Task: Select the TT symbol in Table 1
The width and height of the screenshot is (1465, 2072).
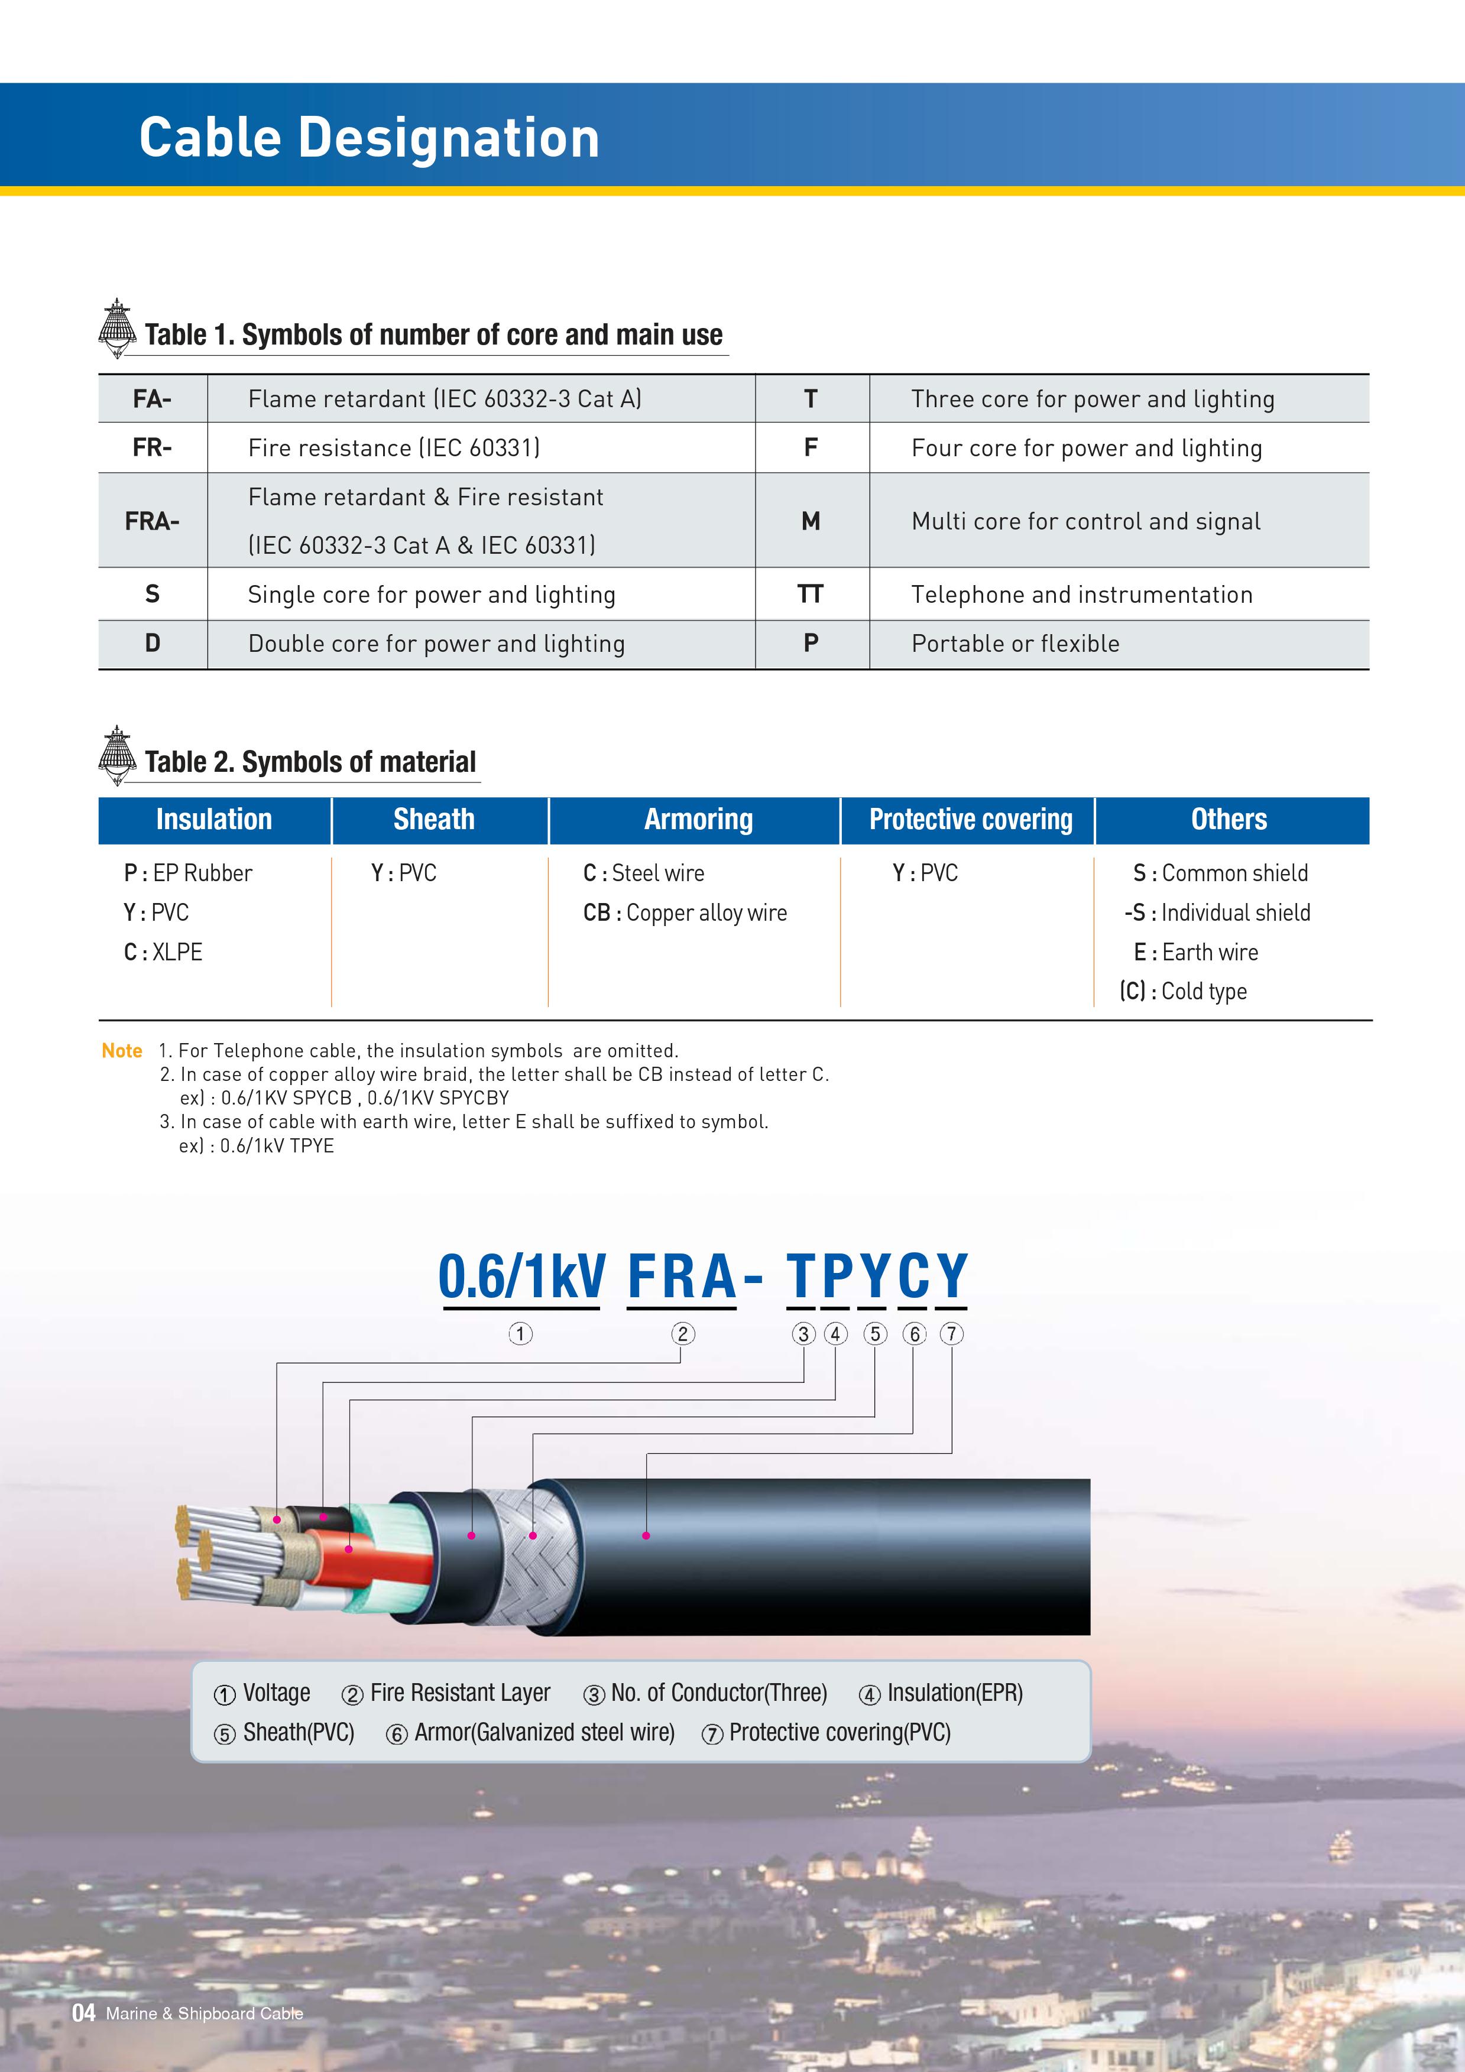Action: (810, 594)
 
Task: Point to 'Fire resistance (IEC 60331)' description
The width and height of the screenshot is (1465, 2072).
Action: (394, 447)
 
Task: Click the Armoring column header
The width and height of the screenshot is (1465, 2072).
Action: (698, 820)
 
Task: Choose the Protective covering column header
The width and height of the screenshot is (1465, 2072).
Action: (970, 820)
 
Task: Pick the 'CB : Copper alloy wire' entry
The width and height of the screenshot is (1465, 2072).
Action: (684, 912)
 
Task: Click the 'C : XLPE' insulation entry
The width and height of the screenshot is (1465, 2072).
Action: (163, 952)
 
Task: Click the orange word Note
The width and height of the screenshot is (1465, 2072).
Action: (122, 1050)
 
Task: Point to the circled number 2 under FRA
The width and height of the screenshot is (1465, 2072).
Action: (682, 1334)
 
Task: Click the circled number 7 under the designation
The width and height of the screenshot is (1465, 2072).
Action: (951, 1334)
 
